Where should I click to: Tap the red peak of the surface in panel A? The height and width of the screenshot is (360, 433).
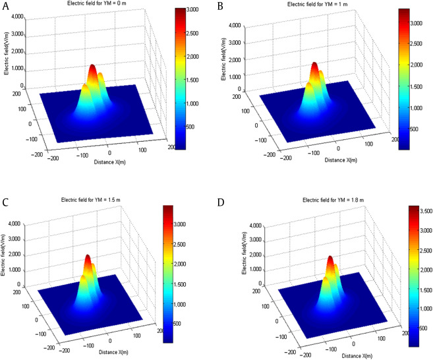[92, 67]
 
